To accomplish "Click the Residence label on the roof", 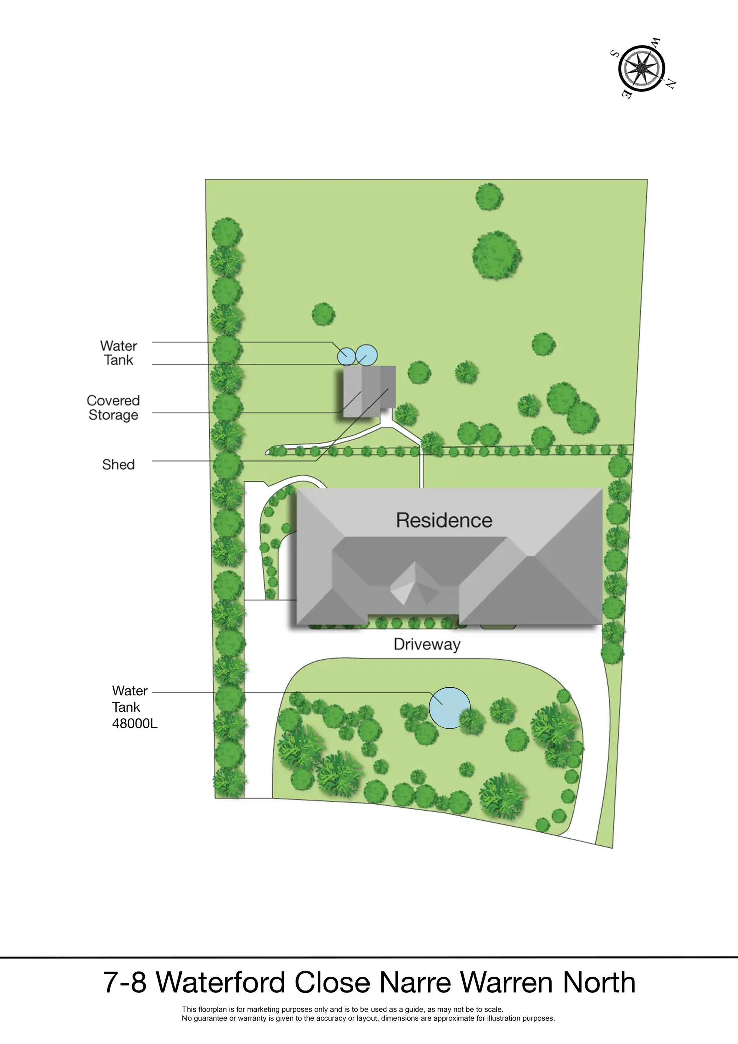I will coord(444,520).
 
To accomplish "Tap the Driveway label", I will coord(427,644).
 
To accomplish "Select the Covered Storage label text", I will coord(113,408).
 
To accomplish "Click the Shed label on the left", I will coord(118,465).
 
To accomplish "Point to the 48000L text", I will coord(135,724).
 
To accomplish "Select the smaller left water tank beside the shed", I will coord(346,356).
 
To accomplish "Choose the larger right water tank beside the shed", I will coord(366,355).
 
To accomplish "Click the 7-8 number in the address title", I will coord(125,982).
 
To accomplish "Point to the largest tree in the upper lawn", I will coord(497,255).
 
